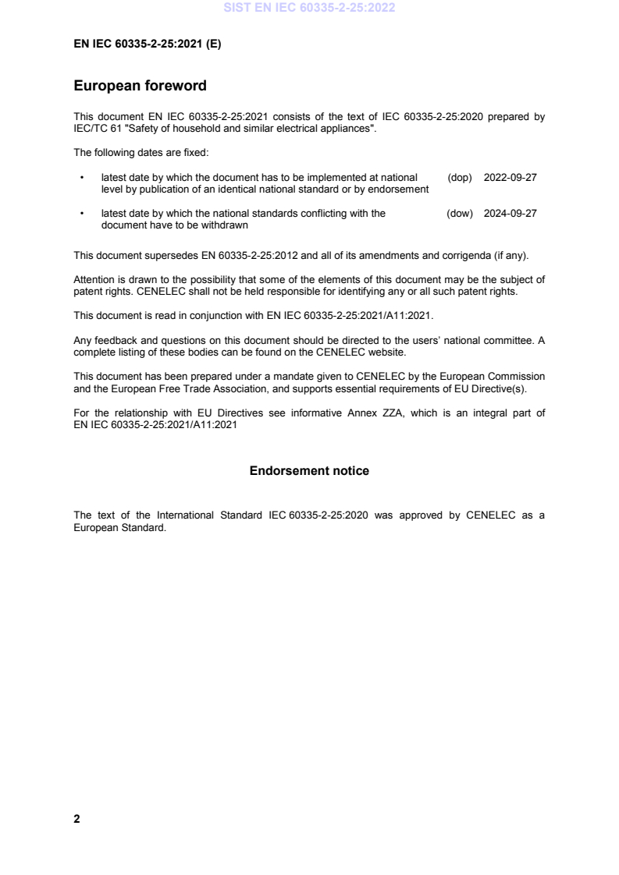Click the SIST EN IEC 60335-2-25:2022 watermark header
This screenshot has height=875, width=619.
pos(309,9)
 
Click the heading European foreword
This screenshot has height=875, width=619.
pos(140,85)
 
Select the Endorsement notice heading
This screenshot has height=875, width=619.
pos(309,471)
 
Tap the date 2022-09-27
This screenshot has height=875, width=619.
pos(510,178)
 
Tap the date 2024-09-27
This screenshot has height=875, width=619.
pos(510,214)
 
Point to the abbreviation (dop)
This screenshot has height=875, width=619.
pos(460,178)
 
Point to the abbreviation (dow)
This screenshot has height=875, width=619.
pos(460,214)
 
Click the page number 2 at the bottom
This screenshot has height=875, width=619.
pos(76,819)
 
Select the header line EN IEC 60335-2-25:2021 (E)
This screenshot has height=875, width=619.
pos(147,44)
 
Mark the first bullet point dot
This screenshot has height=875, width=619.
pos(82,178)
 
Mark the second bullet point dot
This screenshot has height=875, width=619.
pos(82,214)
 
